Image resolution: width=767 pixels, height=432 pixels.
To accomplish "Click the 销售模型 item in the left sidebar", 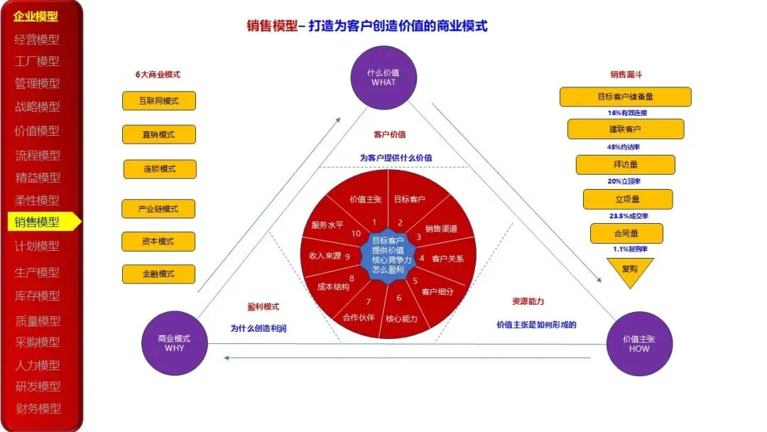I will (38, 222).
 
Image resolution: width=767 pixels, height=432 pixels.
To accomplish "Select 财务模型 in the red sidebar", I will (38, 409).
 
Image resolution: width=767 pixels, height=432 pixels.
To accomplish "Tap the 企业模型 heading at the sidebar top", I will (36, 16).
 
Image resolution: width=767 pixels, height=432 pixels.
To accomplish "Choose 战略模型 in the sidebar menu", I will (38, 107).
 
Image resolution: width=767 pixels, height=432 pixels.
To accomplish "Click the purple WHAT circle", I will (383, 77).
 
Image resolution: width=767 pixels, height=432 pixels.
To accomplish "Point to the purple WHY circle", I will (174, 344).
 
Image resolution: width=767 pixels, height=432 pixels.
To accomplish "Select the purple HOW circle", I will (639, 344).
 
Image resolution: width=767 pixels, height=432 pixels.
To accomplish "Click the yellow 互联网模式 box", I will (158, 101).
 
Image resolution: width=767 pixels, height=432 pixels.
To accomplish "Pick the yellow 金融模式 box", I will (158, 274).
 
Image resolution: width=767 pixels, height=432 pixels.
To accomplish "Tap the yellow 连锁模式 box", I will (158, 169).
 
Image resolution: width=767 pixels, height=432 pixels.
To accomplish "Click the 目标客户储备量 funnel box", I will (625, 97).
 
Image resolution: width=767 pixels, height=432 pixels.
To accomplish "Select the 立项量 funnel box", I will (627, 200).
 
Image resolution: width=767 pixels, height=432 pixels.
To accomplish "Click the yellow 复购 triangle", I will (629, 271).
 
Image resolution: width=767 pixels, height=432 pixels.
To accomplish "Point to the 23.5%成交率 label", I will (629, 216).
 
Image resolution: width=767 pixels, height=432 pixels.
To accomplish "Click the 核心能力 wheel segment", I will (401, 318).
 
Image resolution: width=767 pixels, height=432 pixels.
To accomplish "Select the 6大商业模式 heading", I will (158, 75).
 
